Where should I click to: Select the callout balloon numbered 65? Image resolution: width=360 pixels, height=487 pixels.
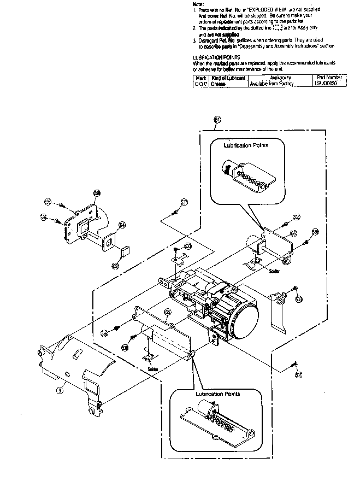(x=152, y=311)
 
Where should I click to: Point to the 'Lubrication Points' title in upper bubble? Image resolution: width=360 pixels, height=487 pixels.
(x=246, y=146)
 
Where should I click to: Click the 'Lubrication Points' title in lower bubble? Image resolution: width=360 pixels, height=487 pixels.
(x=217, y=394)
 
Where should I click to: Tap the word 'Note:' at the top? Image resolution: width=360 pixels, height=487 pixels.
(x=198, y=4)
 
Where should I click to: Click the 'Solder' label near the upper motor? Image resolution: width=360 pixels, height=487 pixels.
(x=275, y=269)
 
